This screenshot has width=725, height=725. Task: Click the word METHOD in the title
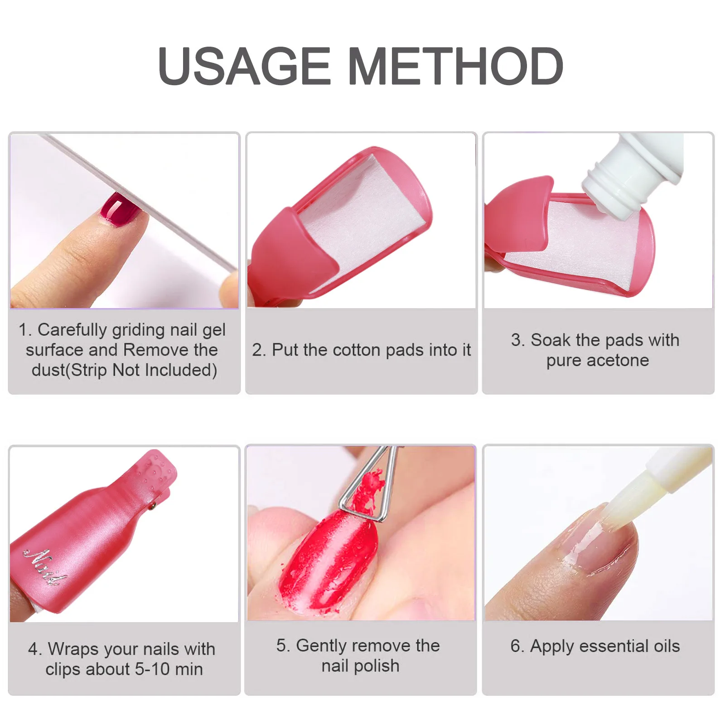point(455,66)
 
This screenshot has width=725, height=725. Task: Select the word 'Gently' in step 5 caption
point(322,646)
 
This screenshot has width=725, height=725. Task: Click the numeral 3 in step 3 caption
point(516,340)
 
